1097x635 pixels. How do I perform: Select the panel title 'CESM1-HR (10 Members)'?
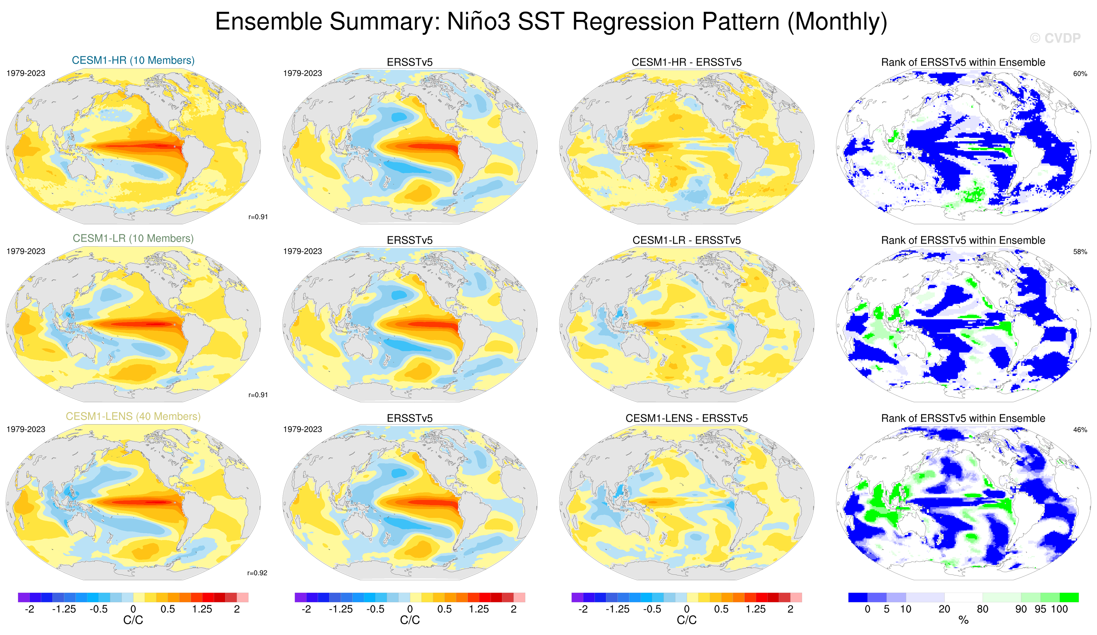[x=133, y=60]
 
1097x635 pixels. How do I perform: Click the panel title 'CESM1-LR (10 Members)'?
[x=133, y=238]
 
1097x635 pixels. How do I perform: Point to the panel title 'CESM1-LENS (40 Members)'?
[x=133, y=417]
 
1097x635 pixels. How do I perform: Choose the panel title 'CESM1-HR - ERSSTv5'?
[x=687, y=62]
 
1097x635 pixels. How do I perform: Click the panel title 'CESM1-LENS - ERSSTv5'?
[x=687, y=418]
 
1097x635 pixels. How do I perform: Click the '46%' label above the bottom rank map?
[x=1080, y=430]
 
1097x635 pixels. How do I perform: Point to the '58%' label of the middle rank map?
[x=1080, y=252]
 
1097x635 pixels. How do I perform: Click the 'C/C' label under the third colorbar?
[x=687, y=620]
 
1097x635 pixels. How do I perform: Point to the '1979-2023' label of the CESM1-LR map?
[x=26, y=252]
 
